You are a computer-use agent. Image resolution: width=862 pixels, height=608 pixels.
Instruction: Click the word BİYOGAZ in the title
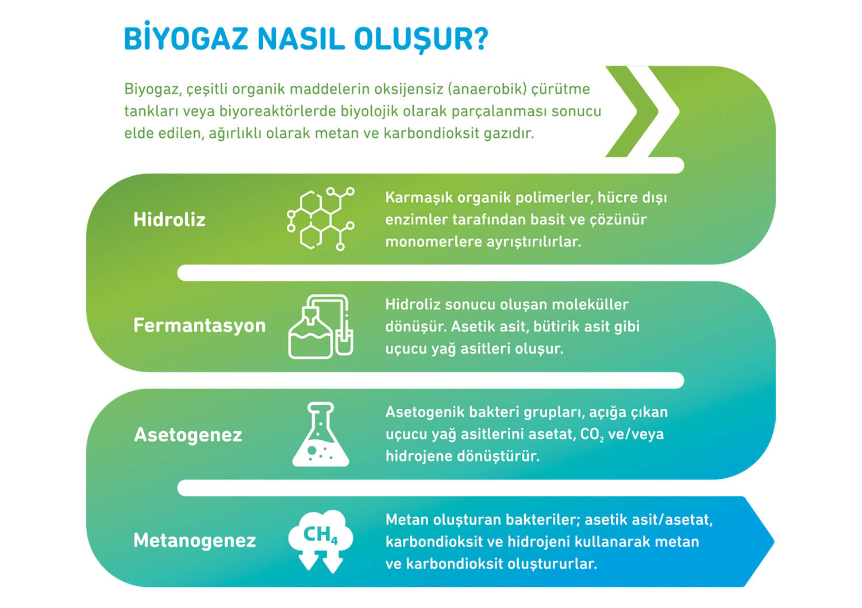pos(186,38)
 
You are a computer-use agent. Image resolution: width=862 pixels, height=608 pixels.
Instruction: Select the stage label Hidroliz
pos(170,219)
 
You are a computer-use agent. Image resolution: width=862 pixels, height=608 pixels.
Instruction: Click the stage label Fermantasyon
pos(199,326)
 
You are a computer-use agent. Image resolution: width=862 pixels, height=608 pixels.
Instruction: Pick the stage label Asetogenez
pos(188,435)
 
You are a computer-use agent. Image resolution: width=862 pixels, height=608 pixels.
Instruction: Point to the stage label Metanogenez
pos(194,540)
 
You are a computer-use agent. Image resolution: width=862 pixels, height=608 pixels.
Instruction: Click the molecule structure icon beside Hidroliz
pos(321,219)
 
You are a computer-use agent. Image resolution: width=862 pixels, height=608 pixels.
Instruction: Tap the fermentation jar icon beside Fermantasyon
pos(321,327)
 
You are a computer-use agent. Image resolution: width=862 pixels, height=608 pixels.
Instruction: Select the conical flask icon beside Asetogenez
pos(321,434)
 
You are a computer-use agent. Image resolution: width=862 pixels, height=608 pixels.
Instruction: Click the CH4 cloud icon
pos(321,541)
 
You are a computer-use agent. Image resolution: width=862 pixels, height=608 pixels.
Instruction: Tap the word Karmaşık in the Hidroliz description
pos(418,197)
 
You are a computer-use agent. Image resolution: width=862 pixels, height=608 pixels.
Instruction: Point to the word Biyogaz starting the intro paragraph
pos(152,89)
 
